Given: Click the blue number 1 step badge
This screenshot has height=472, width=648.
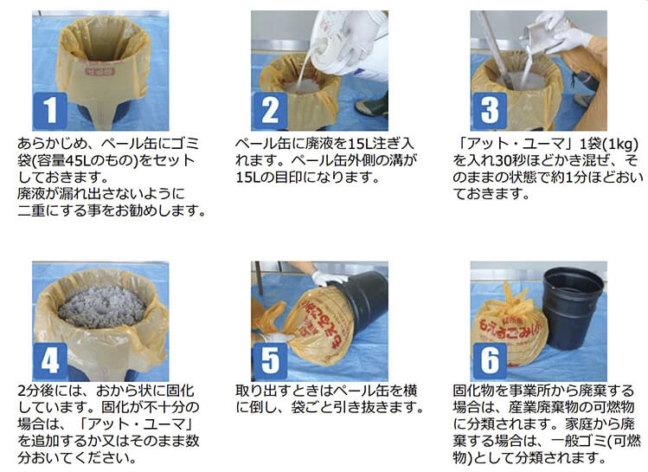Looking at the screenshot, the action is pyautogui.click(x=50, y=111).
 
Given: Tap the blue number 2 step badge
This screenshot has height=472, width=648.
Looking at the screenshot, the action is pyautogui.click(x=269, y=111).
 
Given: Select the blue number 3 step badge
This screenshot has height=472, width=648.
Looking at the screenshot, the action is pyautogui.click(x=490, y=111).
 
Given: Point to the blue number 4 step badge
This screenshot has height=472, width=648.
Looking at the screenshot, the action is pyautogui.click(x=50, y=361).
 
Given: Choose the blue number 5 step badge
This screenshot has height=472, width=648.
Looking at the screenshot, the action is pyautogui.click(x=269, y=361).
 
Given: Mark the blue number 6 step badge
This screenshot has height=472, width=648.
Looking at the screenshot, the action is pyautogui.click(x=490, y=361).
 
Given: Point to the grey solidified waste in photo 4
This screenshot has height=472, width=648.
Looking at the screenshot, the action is pyautogui.click(x=102, y=306).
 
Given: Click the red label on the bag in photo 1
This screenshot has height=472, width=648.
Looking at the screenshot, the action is pyautogui.click(x=99, y=71).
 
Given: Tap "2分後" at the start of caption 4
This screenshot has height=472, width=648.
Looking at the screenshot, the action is pyautogui.click(x=35, y=391).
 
